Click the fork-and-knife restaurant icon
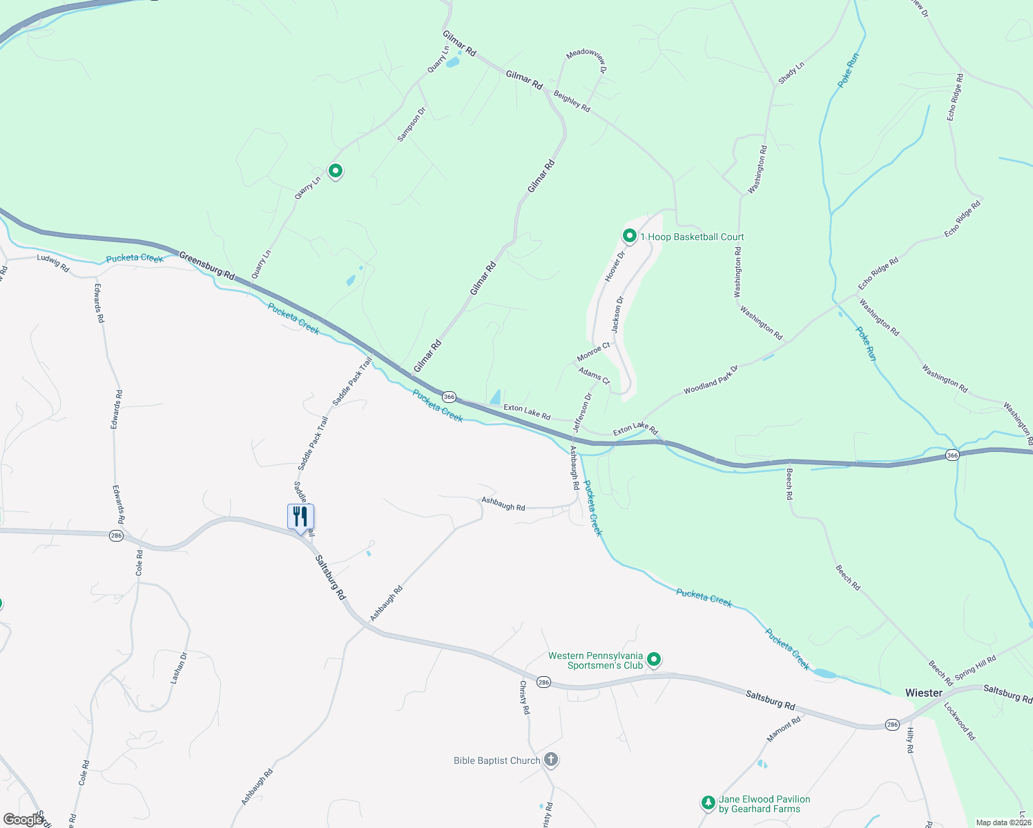click(300, 516)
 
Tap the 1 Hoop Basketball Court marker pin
click(629, 236)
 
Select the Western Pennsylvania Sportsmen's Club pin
click(654, 660)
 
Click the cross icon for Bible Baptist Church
click(550, 760)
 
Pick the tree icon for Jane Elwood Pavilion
click(708, 802)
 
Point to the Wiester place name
click(923, 693)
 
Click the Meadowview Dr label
click(586, 61)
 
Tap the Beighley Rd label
click(572, 102)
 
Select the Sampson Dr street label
click(412, 124)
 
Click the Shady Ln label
click(791, 73)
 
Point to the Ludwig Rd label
click(53, 262)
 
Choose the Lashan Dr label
click(179, 668)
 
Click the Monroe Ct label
click(594, 352)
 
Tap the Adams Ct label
click(595, 376)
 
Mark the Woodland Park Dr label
click(711, 379)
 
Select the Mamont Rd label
click(784, 729)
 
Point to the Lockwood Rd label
click(959, 721)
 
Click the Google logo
click(23, 820)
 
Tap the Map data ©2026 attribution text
click(1002, 822)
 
